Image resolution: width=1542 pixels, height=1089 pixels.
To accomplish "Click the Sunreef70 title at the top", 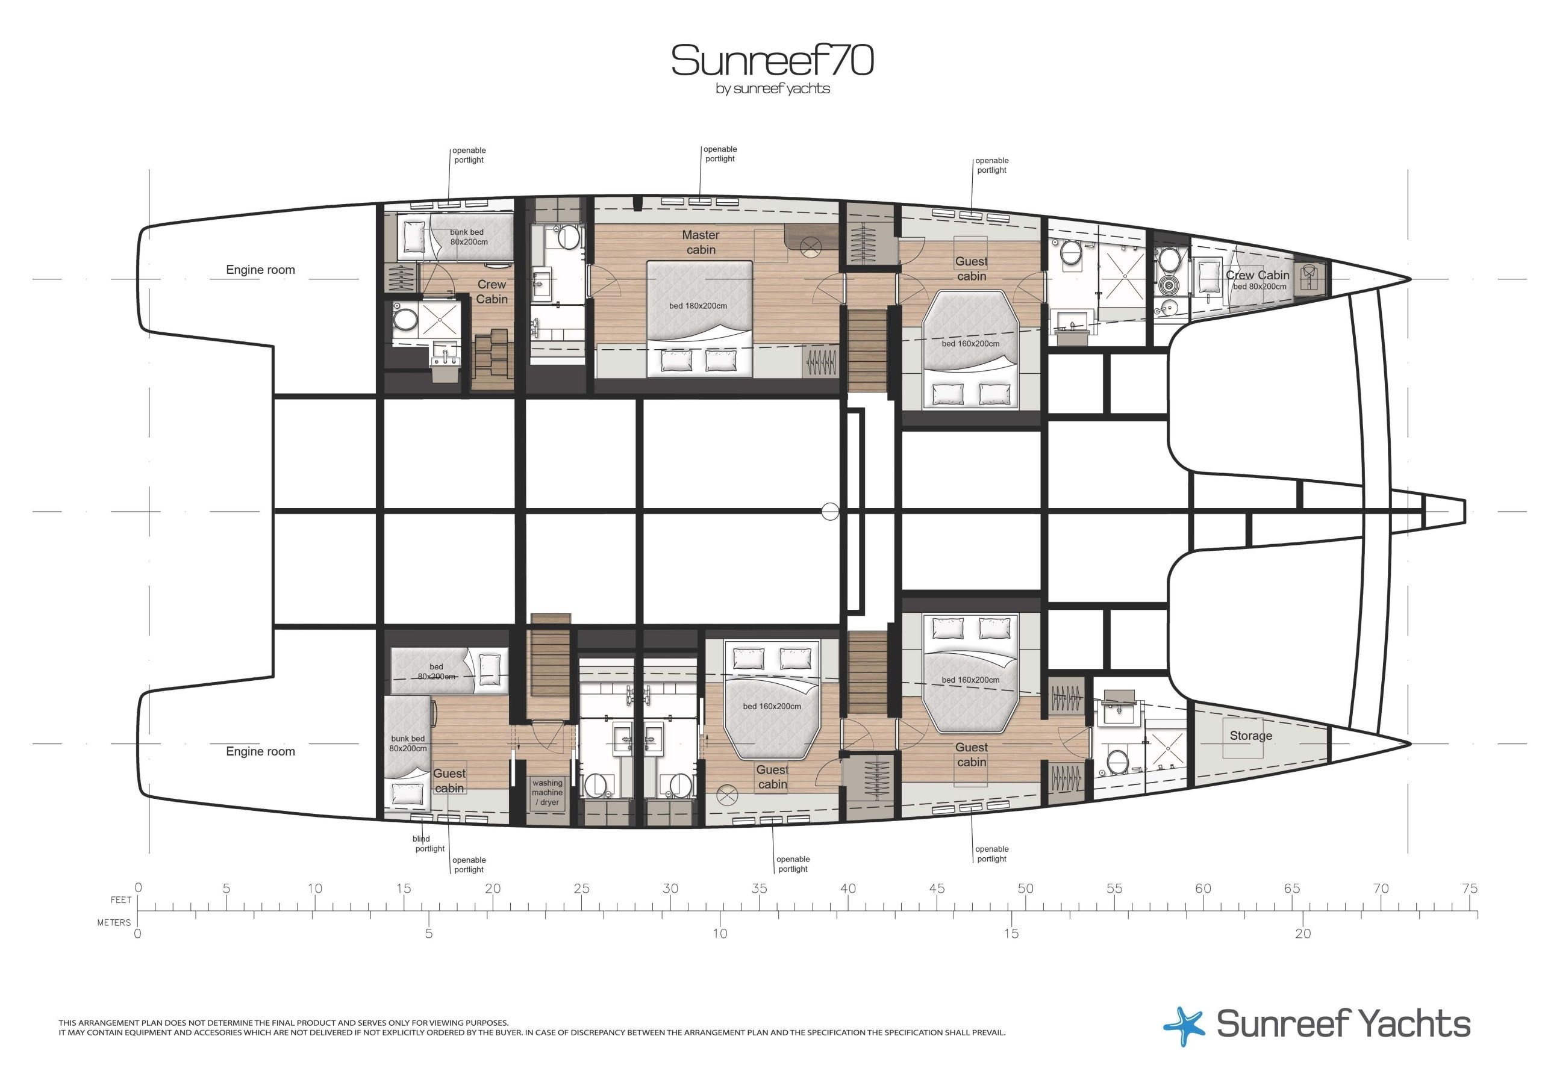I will tap(772, 60).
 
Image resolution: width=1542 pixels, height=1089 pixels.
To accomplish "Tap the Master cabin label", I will tap(701, 243).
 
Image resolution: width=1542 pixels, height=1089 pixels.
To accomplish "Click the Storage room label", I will tap(1250, 736).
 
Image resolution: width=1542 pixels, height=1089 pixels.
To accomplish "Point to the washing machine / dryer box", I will tap(548, 793).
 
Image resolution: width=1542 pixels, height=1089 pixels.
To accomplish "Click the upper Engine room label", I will tap(261, 270).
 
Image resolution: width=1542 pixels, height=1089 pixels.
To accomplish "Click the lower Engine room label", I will tap(261, 751).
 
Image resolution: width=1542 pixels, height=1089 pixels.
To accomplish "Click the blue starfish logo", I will tap(1185, 1026).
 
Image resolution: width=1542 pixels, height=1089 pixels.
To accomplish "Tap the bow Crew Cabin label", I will tap(1257, 275).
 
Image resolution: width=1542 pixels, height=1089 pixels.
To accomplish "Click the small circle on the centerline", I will tap(831, 512).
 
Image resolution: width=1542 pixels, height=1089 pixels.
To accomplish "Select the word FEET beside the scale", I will tap(121, 899).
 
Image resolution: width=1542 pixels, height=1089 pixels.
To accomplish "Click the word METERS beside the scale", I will tap(114, 922).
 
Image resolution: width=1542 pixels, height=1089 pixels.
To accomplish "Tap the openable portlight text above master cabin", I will tap(720, 154).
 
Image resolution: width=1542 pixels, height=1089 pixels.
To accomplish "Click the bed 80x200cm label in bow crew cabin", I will tap(1260, 287).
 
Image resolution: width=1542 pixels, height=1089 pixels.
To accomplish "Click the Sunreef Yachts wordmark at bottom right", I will tap(1343, 1025).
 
